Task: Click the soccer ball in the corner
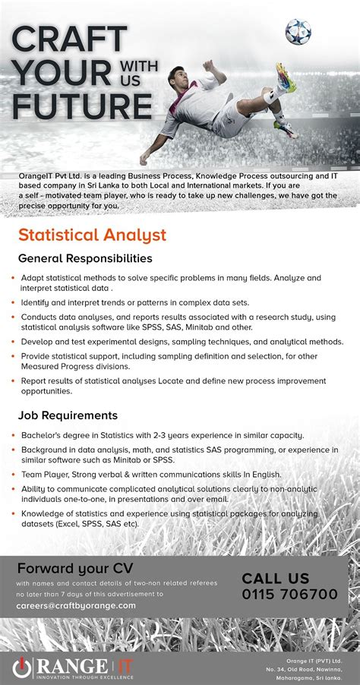(297, 31)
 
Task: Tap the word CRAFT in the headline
(69, 40)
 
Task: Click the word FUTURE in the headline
(83, 106)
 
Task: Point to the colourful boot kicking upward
(283, 77)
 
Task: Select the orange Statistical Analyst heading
(92, 235)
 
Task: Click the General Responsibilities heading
(85, 258)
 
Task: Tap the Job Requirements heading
(68, 415)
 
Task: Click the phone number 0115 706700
(290, 593)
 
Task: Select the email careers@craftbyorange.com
(76, 605)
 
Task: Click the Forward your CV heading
(65, 568)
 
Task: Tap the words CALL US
(276, 578)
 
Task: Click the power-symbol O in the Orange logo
(22, 665)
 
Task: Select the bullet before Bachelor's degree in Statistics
(13, 436)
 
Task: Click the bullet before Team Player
(13, 474)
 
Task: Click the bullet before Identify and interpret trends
(13, 302)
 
